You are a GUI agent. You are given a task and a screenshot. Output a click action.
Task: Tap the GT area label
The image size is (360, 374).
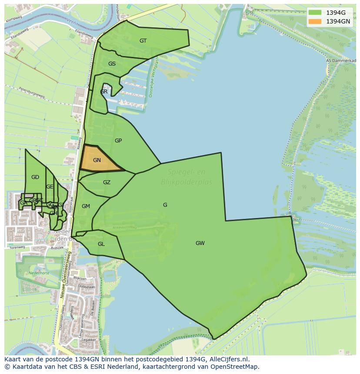143,41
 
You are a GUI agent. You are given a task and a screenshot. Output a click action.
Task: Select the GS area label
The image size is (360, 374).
112,64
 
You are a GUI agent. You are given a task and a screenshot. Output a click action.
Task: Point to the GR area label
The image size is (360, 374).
103,92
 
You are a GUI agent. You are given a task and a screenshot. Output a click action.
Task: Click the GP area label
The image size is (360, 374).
118,141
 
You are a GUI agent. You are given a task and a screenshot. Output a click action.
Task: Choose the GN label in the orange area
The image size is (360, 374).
97,160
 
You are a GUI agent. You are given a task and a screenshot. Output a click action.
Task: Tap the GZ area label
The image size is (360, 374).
107,182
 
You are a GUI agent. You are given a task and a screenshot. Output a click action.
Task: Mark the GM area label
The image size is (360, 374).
86,206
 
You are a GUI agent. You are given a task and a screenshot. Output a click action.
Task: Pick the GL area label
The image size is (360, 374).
101,244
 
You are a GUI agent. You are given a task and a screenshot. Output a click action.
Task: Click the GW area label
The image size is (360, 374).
200,243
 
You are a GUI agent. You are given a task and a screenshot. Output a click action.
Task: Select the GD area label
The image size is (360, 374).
35,177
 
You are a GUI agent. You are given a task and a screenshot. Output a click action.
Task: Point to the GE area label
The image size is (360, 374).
50,187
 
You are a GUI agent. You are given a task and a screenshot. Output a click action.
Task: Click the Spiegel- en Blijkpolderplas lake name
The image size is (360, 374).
187,177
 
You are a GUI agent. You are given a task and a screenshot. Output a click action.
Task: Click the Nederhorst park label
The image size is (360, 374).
39,273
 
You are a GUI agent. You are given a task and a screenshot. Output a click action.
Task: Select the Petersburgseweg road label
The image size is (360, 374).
31,92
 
